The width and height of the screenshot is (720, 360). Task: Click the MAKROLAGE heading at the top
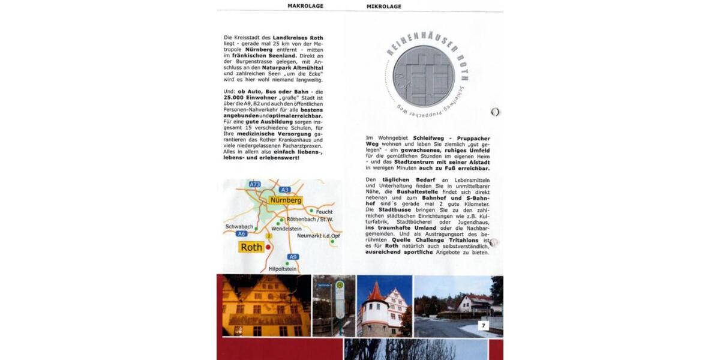pos(305,6)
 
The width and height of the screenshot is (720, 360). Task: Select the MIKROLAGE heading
pos(383,6)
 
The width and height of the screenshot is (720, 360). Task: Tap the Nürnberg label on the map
pos(285,200)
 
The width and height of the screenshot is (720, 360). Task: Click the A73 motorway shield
pos(254,184)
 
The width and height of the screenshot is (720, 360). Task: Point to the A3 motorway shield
pos(284,190)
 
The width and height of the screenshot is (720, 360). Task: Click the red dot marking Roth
pos(269,246)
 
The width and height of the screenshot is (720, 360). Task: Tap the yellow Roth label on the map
pos(251,247)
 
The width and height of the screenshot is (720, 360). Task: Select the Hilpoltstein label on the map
pos(283,269)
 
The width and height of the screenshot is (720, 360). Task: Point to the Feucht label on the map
pos(324,212)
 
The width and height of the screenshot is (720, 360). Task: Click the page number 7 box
pos(484,325)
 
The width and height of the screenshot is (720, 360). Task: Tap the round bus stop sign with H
pos(340,286)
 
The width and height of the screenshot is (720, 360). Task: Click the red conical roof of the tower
pos(377,293)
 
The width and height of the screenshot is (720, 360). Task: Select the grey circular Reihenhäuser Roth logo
pos(424,76)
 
